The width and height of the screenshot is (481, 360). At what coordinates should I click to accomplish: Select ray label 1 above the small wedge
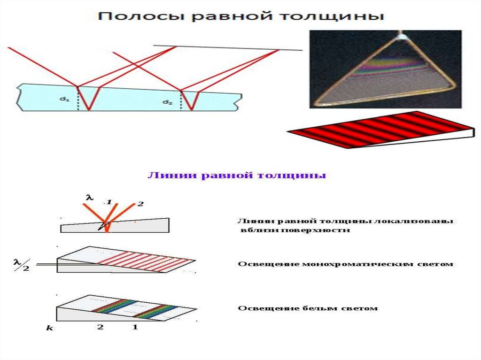109,202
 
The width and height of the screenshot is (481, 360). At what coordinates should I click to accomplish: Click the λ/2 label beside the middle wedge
21,265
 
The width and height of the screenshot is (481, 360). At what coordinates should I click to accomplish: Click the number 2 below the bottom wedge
100,327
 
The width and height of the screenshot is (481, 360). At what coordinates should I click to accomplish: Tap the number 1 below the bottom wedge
135,327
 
